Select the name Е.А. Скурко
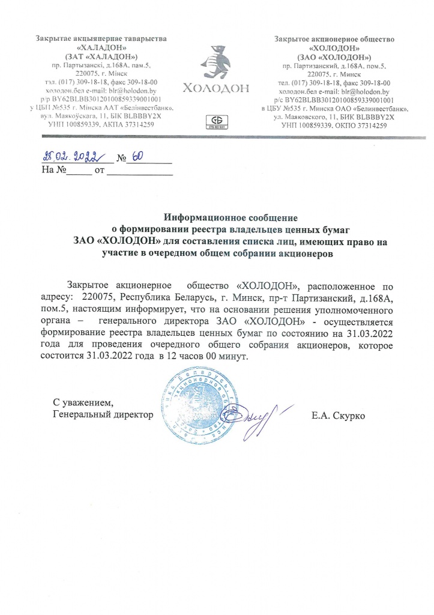339,416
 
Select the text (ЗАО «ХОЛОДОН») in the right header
333,56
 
